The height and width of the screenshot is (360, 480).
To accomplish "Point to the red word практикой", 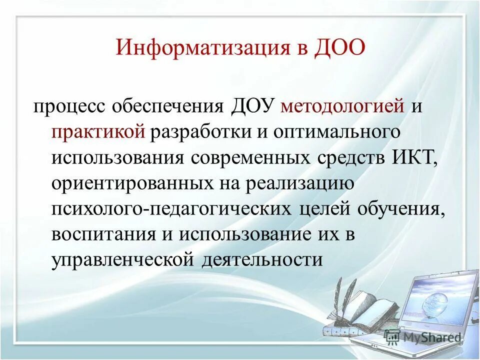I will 98,132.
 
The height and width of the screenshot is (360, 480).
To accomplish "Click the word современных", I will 251,157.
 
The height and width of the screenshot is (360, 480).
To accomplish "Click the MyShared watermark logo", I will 423,336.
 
